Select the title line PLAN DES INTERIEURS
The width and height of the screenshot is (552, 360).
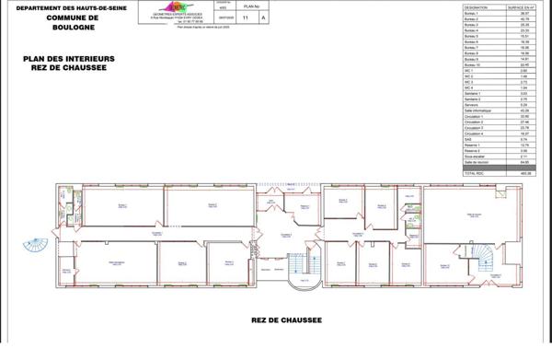pyautogui.click(x=69, y=57)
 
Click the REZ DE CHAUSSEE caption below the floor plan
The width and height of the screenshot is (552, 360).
pyautogui.click(x=285, y=319)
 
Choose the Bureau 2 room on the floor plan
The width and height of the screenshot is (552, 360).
pyautogui.click(x=213, y=204)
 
